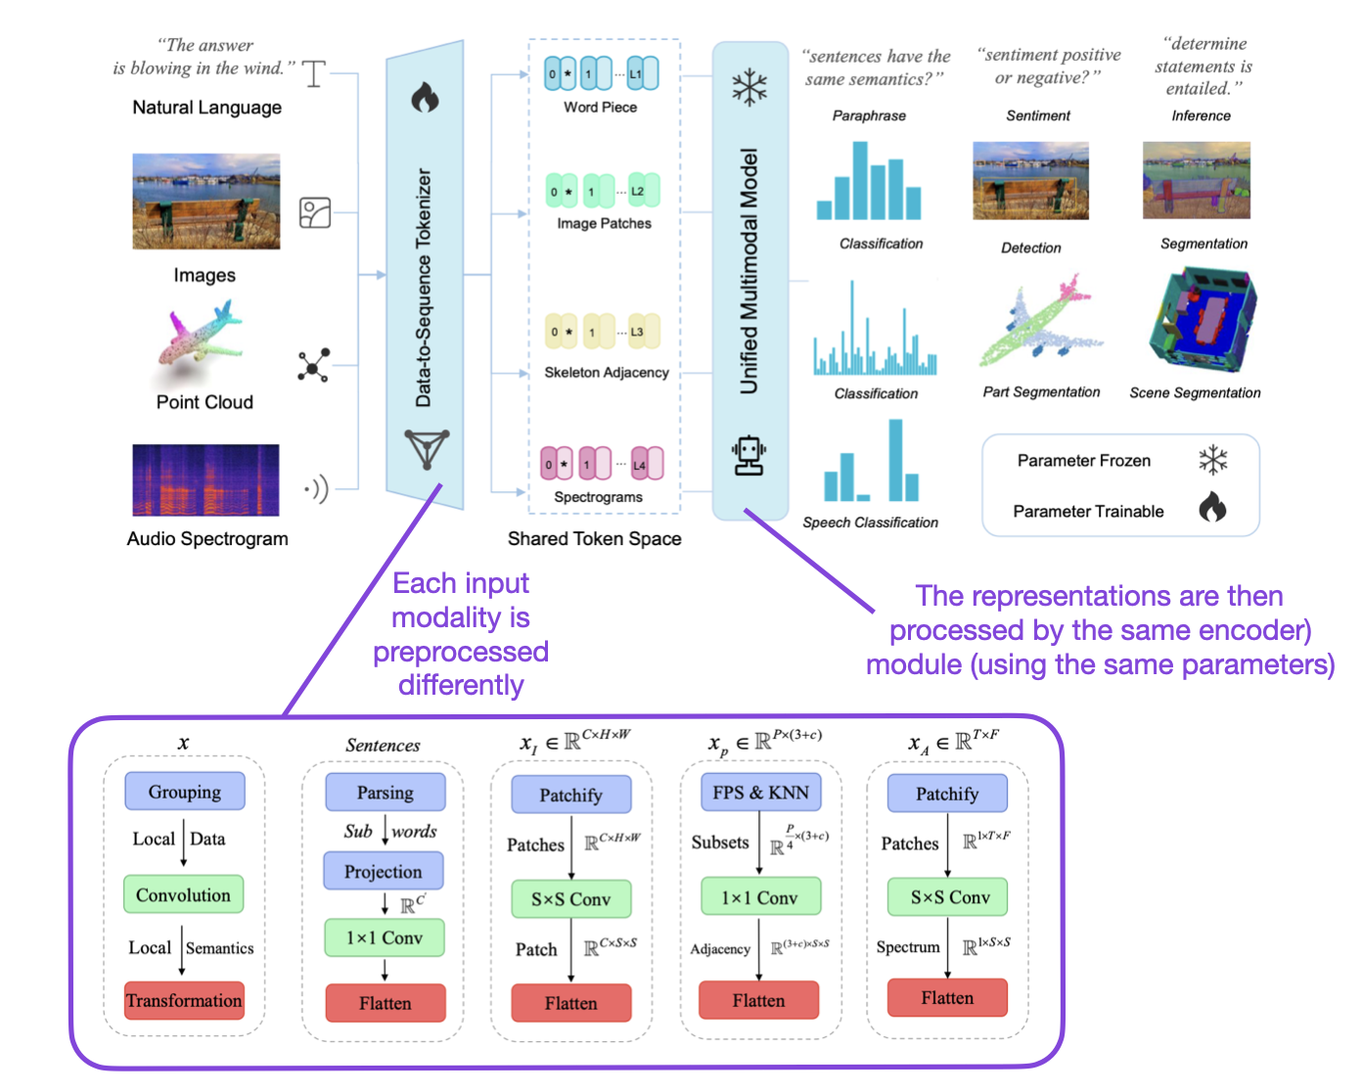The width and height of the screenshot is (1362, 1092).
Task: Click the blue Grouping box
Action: click(184, 792)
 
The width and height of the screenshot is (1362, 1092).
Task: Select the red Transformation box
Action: click(184, 1000)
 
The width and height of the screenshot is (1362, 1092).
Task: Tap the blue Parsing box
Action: click(385, 793)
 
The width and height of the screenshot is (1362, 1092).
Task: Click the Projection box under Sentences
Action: click(384, 871)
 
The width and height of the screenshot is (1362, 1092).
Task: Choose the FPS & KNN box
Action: click(760, 793)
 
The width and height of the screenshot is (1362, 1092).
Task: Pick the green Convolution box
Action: click(183, 894)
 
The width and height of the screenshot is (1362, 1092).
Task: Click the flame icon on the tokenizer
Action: click(425, 97)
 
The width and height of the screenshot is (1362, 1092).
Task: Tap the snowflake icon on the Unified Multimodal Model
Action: click(749, 87)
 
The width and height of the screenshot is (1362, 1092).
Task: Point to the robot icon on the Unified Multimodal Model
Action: click(749, 456)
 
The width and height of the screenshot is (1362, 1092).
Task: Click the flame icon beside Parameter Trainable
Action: click(1212, 507)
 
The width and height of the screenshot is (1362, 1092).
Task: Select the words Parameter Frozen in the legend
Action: click(1083, 461)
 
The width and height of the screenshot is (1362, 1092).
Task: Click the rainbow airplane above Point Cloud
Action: click(202, 343)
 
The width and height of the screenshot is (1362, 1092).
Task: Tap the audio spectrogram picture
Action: click(205, 480)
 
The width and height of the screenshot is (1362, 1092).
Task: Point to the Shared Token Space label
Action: click(594, 538)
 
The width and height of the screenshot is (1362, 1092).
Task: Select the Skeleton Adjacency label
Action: click(607, 373)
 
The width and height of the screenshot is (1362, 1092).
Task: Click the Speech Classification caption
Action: click(870, 523)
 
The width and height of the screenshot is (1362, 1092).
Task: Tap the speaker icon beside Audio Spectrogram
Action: click(316, 488)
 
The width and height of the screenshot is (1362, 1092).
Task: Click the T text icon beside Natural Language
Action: click(314, 73)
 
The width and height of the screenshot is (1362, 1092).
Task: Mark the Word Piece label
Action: click(600, 108)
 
